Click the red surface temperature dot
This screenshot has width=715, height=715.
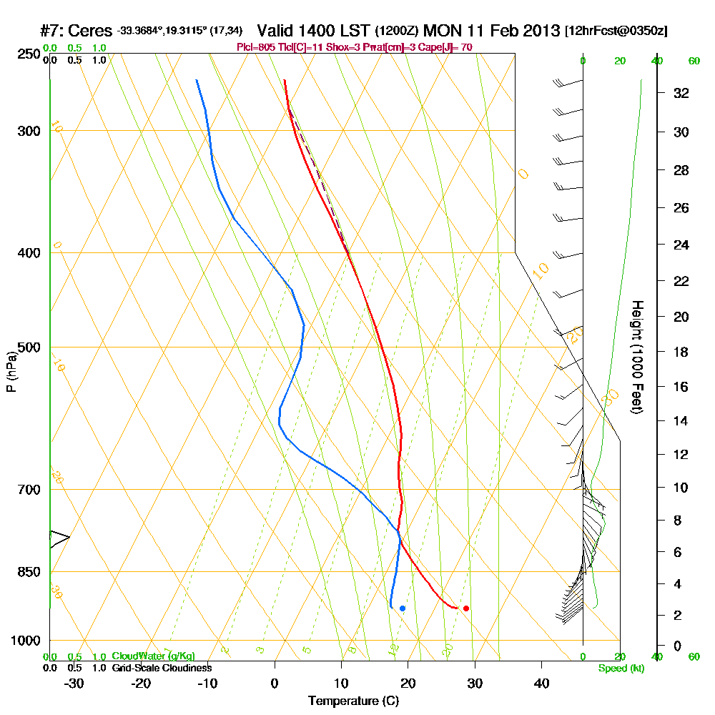(x=466, y=608)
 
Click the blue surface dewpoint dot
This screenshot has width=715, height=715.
(x=403, y=608)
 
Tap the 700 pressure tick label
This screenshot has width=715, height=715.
(x=26, y=490)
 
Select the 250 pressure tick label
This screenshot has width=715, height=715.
(x=26, y=54)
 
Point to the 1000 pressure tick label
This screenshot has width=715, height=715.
(x=24, y=641)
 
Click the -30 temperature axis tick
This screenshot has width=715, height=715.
(x=74, y=684)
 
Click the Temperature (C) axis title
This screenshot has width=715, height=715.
(x=353, y=701)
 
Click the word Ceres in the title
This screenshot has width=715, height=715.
(x=93, y=31)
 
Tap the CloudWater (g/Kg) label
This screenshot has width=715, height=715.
(x=153, y=656)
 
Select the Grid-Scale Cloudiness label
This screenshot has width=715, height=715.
(x=162, y=668)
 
